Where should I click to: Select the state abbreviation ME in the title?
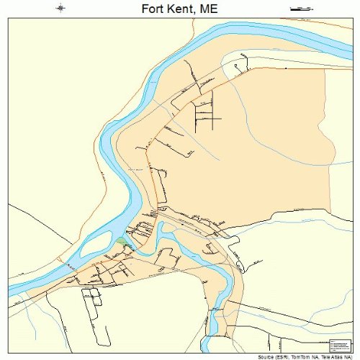(209, 9)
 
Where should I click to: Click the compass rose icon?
(61, 9)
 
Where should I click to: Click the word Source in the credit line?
(255, 356)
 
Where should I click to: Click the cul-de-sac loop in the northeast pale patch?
(234, 69)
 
